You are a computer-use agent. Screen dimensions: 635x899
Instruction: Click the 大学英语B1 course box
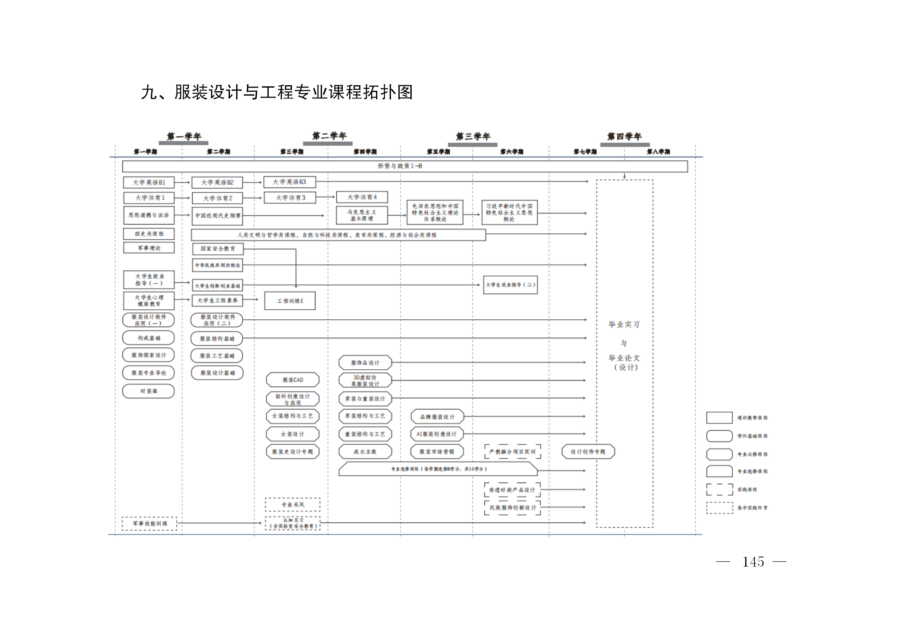149,182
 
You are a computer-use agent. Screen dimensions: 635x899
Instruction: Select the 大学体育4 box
362,197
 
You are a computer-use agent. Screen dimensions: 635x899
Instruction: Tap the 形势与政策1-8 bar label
399,166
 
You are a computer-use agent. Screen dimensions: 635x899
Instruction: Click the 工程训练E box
290,301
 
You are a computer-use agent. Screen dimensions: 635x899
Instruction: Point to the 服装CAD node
293,380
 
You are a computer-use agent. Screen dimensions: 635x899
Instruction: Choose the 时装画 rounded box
149,391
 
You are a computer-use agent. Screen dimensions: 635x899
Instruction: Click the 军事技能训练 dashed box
149,523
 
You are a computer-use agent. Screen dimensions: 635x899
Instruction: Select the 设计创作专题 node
588,452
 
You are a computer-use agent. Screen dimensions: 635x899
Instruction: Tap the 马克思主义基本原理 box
362,216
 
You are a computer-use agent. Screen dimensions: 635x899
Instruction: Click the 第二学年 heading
329,136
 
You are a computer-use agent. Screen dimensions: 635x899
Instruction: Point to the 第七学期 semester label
585,152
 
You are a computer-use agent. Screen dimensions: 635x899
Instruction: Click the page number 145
753,562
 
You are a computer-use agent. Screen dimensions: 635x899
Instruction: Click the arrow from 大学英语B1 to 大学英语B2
182,182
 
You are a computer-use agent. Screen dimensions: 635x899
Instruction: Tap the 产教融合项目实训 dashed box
512,452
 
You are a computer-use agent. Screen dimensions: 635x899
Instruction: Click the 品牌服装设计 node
437,417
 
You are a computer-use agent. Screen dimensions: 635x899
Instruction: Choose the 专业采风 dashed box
293,505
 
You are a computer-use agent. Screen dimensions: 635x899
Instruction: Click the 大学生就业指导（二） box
510,285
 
